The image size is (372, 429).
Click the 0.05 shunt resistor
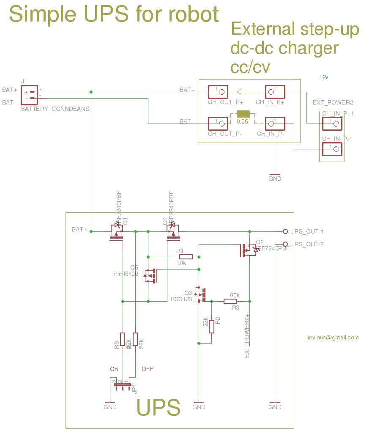(243, 114)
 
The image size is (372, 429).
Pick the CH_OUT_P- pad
(217, 123)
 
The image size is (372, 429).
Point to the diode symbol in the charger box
(240, 91)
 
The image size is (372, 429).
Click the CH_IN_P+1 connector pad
(332, 124)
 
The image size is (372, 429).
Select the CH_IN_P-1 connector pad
(332, 149)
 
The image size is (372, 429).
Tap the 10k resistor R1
(186, 257)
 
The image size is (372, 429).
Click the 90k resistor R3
(230, 301)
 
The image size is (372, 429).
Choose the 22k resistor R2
(211, 327)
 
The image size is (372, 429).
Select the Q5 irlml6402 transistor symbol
(150, 276)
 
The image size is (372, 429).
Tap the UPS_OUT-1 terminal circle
(285, 231)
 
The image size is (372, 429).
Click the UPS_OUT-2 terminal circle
(285, 244)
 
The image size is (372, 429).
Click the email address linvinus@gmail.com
(333, 337)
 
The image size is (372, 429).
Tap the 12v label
(324, 77)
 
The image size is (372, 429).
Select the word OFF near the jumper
(147, 369)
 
